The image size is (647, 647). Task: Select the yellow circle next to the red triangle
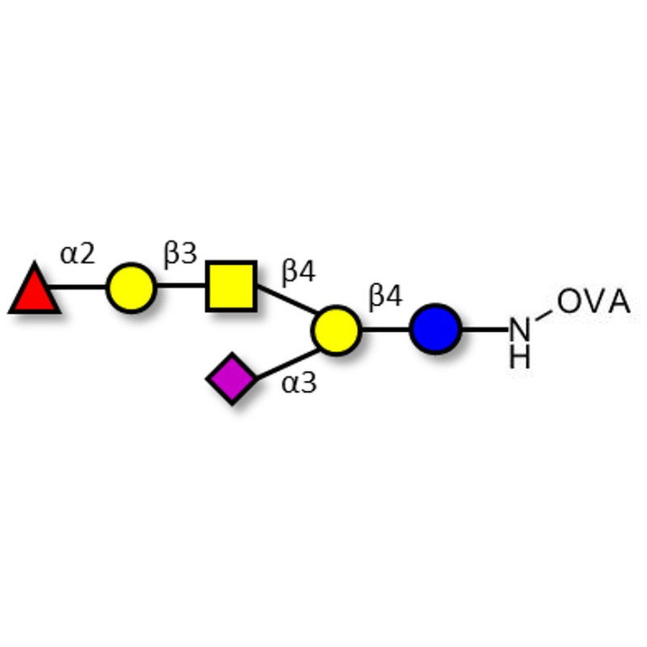[x=130, y=286]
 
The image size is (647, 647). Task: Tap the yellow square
[x=231, y=286]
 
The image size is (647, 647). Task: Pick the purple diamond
[x=232, y=378]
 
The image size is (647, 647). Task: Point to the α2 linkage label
[x=78, y=255]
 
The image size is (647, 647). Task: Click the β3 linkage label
[x=180, y=255]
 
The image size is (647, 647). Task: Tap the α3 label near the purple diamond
[x=298, y=383]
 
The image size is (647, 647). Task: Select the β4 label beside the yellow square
[x=298, y=272]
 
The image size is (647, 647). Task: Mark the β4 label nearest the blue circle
[x=385, y=297]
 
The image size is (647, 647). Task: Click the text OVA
[x=594, y=302]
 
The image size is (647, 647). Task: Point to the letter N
[x=520, y=330]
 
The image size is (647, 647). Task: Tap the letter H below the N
[x=520, y=357]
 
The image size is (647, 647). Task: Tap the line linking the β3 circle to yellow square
[x=180, y=286]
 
